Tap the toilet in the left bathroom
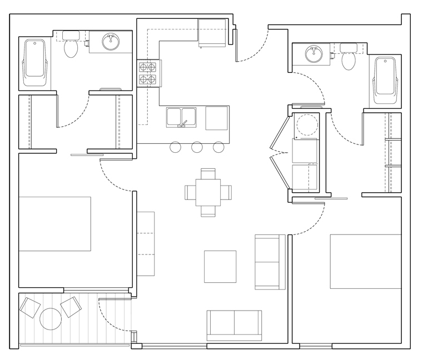71,47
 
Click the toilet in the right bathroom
349,57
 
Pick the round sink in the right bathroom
313,53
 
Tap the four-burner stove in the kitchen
148,73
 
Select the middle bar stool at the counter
197,147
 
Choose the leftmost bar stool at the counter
175,147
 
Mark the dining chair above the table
208,173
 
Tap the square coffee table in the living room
220,267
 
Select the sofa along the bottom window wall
234,324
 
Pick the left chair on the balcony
29,307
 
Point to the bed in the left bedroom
55,223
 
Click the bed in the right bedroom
365,261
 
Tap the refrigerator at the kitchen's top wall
212,33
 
